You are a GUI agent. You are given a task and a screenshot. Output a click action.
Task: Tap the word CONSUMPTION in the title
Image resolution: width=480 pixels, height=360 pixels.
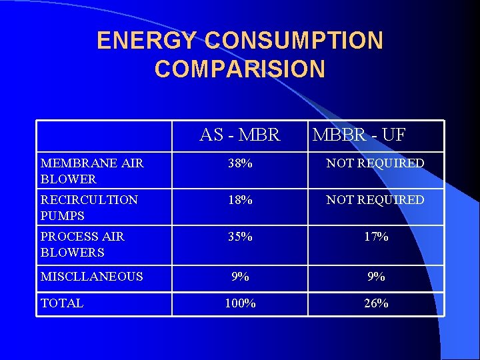294,41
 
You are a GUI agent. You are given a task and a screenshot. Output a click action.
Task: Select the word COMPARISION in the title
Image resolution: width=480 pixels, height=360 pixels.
240,69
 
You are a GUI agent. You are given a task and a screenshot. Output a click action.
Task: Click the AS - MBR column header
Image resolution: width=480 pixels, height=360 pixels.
240,135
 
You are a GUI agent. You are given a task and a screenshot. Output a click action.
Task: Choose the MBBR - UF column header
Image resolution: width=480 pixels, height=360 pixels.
359,135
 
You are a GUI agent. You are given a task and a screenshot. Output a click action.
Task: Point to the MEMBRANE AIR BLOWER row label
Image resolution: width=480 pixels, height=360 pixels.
92,171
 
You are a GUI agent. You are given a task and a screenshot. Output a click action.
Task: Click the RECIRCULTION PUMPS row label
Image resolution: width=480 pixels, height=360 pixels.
89,207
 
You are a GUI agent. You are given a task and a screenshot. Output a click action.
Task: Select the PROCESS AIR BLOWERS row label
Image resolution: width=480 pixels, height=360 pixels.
83,244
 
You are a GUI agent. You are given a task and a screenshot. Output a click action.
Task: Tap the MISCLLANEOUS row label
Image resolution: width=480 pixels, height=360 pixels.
92,276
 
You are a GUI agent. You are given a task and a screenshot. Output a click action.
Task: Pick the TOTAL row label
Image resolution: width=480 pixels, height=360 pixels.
62,303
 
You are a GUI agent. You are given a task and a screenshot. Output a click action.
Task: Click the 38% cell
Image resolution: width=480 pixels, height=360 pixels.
240,163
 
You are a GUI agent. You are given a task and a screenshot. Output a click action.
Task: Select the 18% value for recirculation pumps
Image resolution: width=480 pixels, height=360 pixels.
240,200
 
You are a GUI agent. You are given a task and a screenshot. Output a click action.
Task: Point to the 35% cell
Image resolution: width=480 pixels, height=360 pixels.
240,237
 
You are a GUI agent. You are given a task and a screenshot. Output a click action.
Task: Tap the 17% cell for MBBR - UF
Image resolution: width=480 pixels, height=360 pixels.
376,237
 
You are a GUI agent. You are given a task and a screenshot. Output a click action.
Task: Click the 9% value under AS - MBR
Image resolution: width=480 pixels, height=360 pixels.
240,276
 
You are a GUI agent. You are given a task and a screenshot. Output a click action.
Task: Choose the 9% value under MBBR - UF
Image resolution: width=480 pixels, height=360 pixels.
376,276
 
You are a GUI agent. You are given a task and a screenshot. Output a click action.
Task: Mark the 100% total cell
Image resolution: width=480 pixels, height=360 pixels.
240,303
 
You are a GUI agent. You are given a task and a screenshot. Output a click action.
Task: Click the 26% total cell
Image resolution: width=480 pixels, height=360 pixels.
376,303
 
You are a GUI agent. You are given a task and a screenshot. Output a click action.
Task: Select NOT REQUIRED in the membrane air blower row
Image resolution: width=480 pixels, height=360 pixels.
375,163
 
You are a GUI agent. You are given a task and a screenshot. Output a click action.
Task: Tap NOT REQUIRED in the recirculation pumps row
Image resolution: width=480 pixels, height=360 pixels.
375,200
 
